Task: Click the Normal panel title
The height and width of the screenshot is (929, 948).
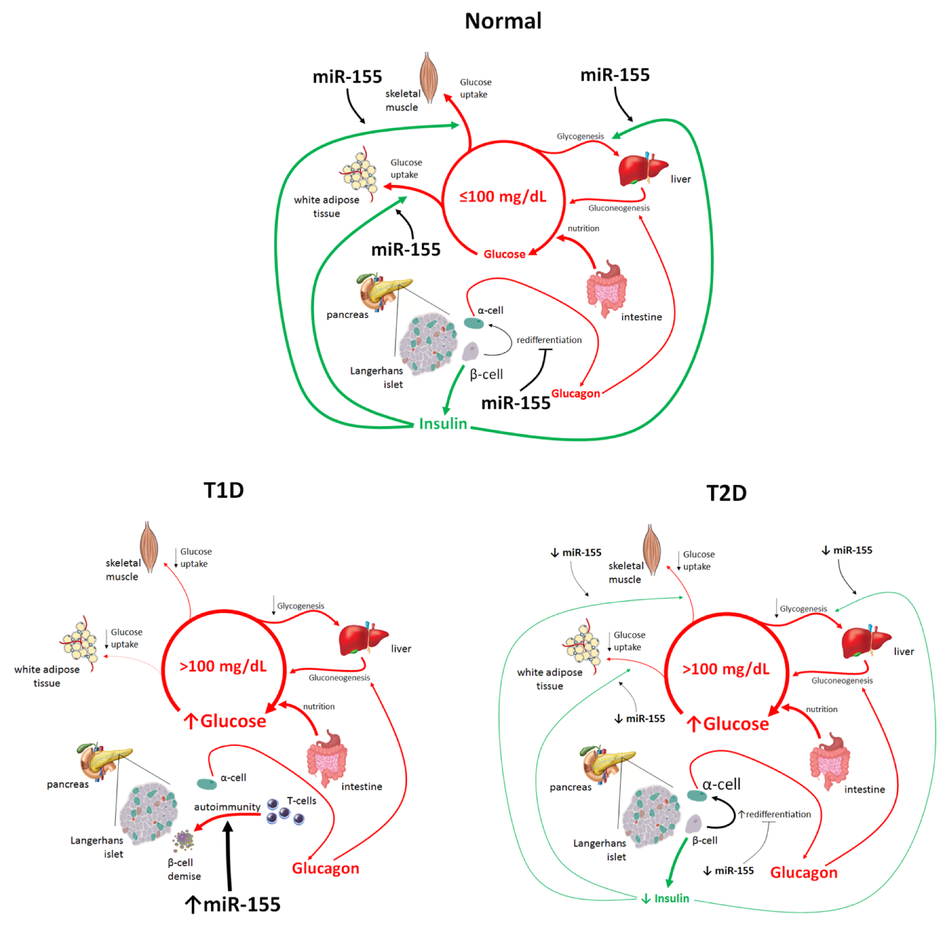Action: [503, 21]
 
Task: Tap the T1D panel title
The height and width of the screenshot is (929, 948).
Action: [224, 490]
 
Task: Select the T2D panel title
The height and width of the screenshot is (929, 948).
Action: [726, 493]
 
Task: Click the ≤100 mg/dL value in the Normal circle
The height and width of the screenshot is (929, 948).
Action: [503, 197]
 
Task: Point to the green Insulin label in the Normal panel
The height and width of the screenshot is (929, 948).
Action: [443, 424]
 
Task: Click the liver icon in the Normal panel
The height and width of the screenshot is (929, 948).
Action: [642, 169]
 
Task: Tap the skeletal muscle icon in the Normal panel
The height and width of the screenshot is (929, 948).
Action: [429, 77]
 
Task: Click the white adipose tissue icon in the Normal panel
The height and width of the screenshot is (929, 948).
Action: [359, 173]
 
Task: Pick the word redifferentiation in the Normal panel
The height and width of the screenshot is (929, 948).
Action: [549, 340]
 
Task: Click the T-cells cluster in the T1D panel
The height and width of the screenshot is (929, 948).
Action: [285, 811]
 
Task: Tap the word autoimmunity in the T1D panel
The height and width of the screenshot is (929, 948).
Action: [227, 807]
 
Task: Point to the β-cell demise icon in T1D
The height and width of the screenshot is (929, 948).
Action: [183, 841]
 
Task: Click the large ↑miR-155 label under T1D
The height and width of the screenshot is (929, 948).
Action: [233, 904]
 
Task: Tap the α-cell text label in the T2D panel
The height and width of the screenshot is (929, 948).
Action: [721, 784]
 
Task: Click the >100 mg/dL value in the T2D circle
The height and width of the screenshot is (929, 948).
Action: [726, 669]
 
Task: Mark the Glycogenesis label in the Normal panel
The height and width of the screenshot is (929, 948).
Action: [580, 136]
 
